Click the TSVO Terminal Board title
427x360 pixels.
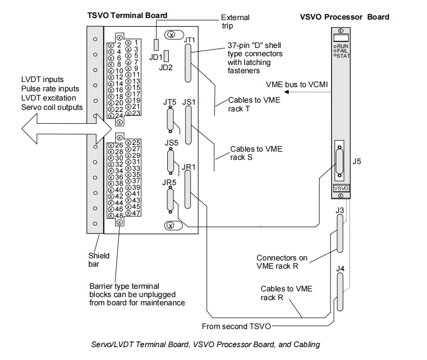127,15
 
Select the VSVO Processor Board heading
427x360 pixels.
344,17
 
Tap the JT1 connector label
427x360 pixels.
190,39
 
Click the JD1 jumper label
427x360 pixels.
156,57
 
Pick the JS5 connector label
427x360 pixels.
170,143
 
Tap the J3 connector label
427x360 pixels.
339,210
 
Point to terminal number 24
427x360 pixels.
119,116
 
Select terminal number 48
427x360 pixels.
119,216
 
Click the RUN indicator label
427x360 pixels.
343,46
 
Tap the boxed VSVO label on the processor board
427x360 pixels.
341,189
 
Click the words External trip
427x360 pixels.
235,21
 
